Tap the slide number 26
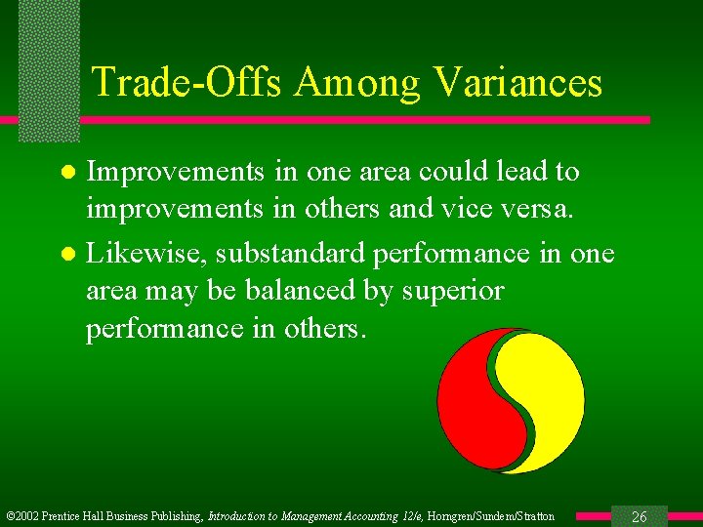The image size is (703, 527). tap(640, 516)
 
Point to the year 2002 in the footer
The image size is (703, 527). tap(28, 516)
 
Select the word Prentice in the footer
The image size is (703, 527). tap(66, 516)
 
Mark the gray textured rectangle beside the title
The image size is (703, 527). tap(49, 68)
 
